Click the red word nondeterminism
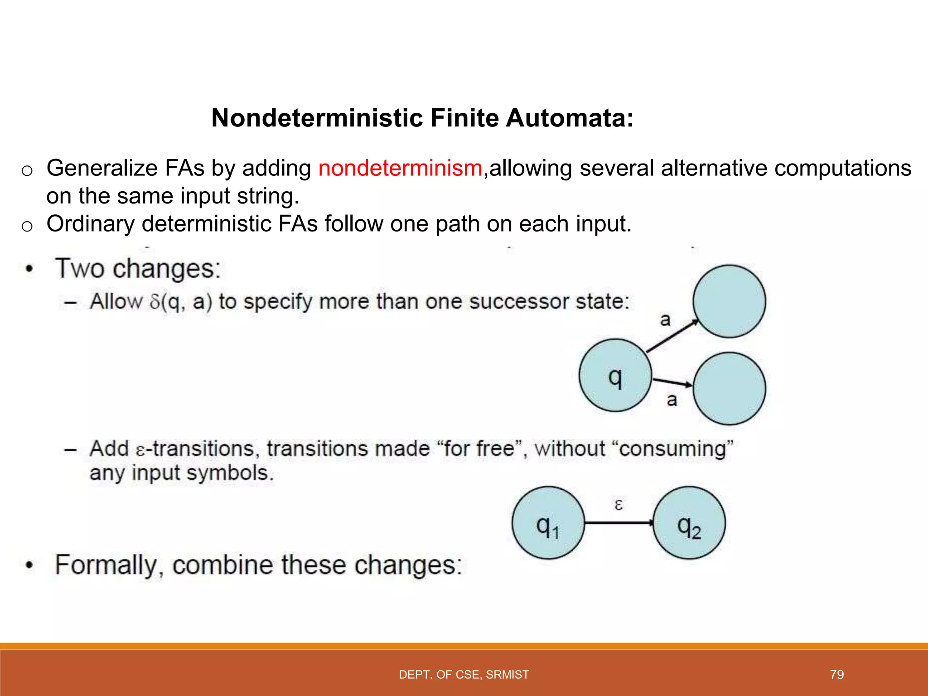pyautogui.click(x=400, y=168)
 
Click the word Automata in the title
pyautogui.click(x=569, y=118)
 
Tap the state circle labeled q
pyautogui.click(x=615, y=375)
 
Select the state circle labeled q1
pyautogui.click(x=548, y=523)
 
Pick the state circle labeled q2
pyautogui.click(x=689, y=523)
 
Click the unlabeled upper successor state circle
pyautogui.click(x=729, y=301)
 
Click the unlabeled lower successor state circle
pyautogui.click(x=729, y=388)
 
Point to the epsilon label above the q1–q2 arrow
pyautogui.click(x=619, y=504)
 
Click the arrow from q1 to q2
pyautogui.click(x=619, y=523)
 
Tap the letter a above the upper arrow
pyautogui.click(x=665, y=320)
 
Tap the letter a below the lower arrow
pyautogui.click(x=672, y=400)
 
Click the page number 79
pyautogui.click(x=836, y=675)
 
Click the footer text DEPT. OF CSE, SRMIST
pyautogui.click(x=464, y=675)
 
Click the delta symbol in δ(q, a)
pyautogui.click(x=155, y=302)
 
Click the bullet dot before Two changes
pyautogui.click(x=29, y=269)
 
